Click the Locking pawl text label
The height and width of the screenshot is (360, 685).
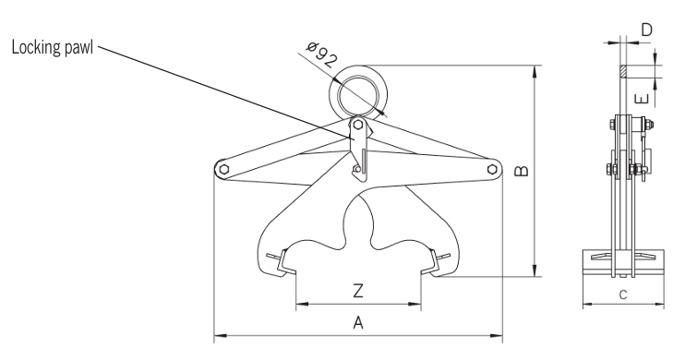[53, 48]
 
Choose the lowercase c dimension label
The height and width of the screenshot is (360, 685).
[623, 295]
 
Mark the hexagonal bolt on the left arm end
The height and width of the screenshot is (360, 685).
[222, 168]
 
